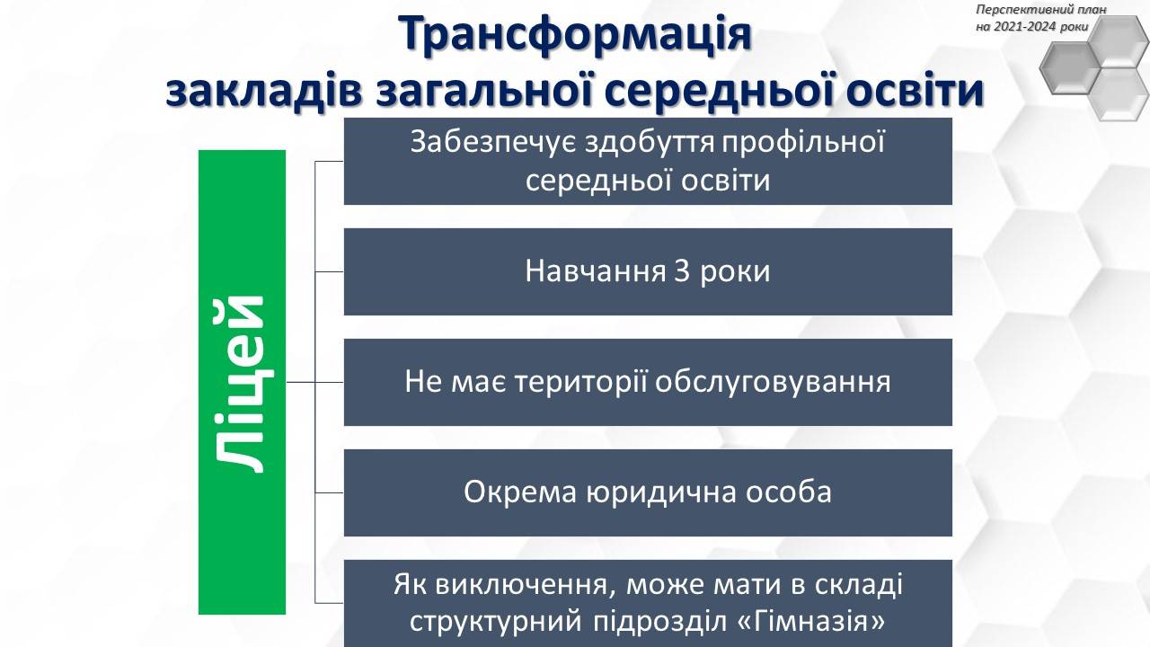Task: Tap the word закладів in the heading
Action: [264, 91]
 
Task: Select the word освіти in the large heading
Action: [914, 91]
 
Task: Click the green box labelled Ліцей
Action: [242, 382]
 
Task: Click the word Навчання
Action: [596, 271]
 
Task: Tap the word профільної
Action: [803, 142]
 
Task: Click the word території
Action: [581, 382]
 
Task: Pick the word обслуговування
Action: [773, 382]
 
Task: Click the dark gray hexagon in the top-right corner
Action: [1071, 67]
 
